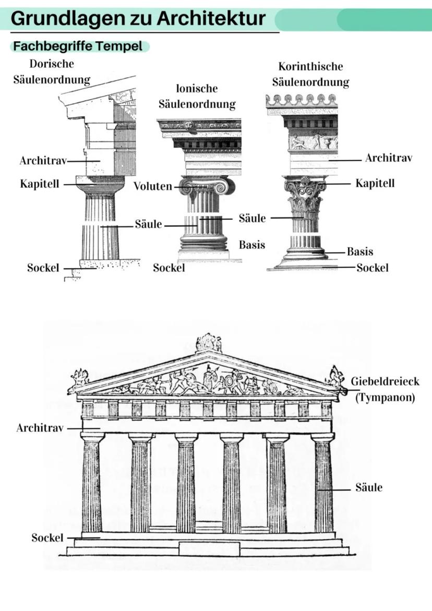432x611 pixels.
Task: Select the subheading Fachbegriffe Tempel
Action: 78,46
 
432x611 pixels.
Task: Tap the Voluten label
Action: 152,186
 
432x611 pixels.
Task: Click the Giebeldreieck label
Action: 385,381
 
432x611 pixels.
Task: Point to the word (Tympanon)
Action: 385,398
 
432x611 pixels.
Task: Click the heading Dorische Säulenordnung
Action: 52,71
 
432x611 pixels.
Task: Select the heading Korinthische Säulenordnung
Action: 310,74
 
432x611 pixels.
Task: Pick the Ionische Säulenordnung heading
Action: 197,96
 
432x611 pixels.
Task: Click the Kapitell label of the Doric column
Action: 40,184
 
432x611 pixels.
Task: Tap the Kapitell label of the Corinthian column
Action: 375,183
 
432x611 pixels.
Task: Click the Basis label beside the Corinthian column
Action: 360,251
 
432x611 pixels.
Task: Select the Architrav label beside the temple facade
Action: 40,428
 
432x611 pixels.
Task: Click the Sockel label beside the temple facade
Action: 47,537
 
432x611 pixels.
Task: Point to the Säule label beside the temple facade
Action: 369,488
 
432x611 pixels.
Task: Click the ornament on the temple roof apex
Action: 209,343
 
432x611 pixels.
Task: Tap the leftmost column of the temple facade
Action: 92,483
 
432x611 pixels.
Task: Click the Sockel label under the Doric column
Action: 43,268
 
